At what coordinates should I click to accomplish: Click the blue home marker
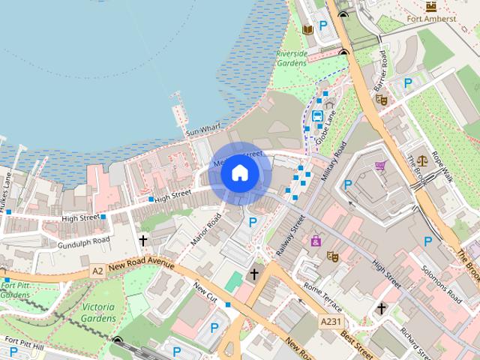coord(239,173)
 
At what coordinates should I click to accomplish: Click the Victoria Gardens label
coord(98,313)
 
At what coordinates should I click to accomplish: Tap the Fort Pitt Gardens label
coord(15,289)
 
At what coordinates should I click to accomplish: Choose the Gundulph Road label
coord(85,240)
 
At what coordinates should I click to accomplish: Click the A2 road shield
coord(97,270)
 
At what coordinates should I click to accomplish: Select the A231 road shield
coord(329,321)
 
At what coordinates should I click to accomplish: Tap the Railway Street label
coord(289,235)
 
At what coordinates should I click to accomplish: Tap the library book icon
coord(307,30)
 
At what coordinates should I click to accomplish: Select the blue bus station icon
coord(318,116)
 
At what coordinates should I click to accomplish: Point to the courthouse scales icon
coord(422,160)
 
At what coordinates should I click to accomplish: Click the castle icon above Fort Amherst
coord(431,5)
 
